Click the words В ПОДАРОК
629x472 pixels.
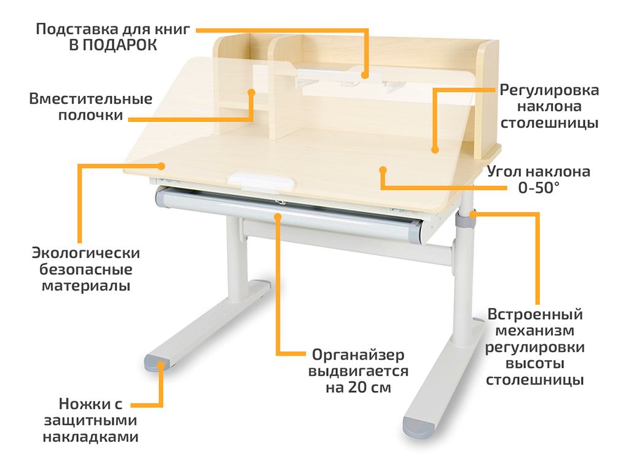click(x=113, y=45)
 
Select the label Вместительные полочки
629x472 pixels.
click(x=91, y=107)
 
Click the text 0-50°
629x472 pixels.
click(x=538, y=187)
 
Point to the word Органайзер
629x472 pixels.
click(x=358, y=355)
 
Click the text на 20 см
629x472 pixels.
click(x=358, y=388)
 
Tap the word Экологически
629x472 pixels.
click(x=86, y=253)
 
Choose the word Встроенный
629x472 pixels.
click(x=535, y=314)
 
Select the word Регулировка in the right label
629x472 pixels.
click(x=549, y=90)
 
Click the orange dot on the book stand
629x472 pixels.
click(x=364, y=75)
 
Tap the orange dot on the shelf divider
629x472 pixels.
click(x=251, y=93)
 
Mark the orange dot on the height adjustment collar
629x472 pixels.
click(x=474, y=214)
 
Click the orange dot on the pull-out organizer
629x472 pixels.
click(x=278, y=217)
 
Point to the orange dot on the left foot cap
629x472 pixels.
click(x=161, y=365)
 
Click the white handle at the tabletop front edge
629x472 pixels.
click(x=260, y=181)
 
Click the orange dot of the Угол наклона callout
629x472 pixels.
click(x=383, y=170)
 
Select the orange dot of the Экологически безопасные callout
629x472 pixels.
click(x=162, y=166)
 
